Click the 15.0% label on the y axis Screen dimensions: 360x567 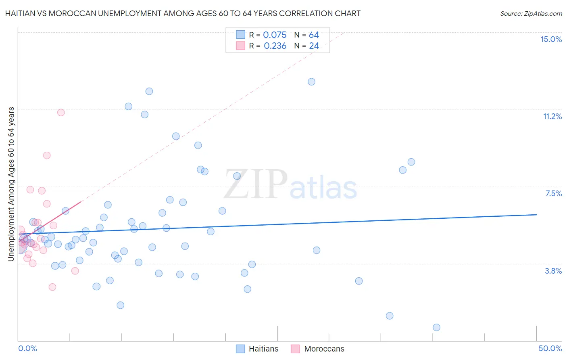pos(551,39)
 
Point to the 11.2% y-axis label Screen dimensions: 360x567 pos(552,116)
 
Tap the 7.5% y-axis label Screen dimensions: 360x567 pos(553,193)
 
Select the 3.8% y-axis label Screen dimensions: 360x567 pos(553,271)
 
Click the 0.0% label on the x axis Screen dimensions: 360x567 pos(27,348)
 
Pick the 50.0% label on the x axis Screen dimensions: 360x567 pos(550,348)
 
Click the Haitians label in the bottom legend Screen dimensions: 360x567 pos(263,349)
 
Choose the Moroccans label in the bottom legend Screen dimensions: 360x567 pos(324,349)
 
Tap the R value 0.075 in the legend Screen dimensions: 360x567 pos(275,35)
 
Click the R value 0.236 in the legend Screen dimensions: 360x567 pos(275,46)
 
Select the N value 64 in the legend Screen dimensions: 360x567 pos(314,35)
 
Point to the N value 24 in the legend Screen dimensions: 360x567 pos(314,46)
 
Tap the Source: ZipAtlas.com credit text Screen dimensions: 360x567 pos(531,13)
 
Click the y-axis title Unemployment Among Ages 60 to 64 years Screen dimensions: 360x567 pos(11,184)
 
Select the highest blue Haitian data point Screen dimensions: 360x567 pos(311,82)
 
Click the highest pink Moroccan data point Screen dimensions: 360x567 pos(61,112)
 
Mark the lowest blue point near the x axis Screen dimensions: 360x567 pos(436,327)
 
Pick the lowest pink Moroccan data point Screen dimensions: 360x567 pos(52,287)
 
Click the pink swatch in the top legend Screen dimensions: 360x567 pos(240,46)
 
